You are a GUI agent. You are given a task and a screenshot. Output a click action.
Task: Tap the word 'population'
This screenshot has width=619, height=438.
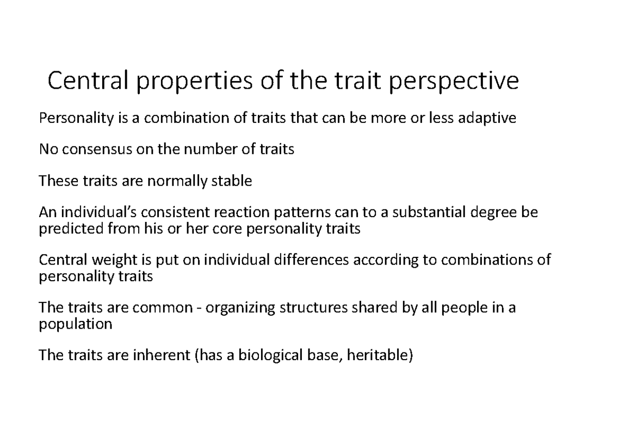click(x=76, y=324)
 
